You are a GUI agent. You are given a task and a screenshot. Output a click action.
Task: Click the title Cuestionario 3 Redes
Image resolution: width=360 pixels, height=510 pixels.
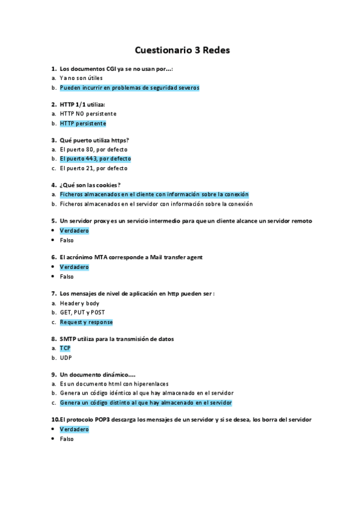[x=182, y=51]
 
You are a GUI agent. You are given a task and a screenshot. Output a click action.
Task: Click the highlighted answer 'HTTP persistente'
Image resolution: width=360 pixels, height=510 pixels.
[x=83, y=123]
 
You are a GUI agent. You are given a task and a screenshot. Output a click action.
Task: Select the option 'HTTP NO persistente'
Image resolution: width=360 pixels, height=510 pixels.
[x=88, y=114]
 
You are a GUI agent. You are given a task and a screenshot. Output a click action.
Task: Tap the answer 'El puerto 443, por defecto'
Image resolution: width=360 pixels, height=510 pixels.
[x=95, y=159]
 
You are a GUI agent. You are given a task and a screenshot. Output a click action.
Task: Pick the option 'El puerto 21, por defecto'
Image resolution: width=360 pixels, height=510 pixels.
[x=93, y=168]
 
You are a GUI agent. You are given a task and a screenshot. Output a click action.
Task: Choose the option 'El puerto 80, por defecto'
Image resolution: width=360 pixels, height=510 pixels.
[x=93, y=149]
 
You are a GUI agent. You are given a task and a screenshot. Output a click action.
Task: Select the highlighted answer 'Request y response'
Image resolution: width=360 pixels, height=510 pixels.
[x=86, y=322]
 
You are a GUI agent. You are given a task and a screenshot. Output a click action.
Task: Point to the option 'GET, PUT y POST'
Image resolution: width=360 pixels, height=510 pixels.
[x=82, y=313]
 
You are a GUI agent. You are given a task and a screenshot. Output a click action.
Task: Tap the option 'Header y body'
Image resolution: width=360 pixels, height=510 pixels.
[x=79, y=303]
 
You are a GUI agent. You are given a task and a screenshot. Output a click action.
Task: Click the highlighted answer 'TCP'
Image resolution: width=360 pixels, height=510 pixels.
[x=65, y=348]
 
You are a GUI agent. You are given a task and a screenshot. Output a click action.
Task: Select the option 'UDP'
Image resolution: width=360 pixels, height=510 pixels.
[x=66, y=358]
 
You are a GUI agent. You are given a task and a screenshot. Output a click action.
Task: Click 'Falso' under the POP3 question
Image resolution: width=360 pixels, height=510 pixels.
[x=67, y=439]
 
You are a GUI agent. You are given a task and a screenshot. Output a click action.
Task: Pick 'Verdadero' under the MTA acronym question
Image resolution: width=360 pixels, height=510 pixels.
[x=74, y=267]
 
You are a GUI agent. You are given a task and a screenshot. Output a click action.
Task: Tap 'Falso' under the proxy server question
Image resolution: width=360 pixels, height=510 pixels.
[x=67, y=240]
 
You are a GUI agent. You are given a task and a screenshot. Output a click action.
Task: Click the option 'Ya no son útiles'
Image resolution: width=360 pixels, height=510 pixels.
[x=81, y=78]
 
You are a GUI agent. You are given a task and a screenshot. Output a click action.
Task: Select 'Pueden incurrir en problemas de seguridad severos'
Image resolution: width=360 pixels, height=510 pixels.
[x=129, y=87]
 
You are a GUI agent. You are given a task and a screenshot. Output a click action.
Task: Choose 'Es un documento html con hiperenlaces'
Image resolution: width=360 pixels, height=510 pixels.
[x=114, y=384]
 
